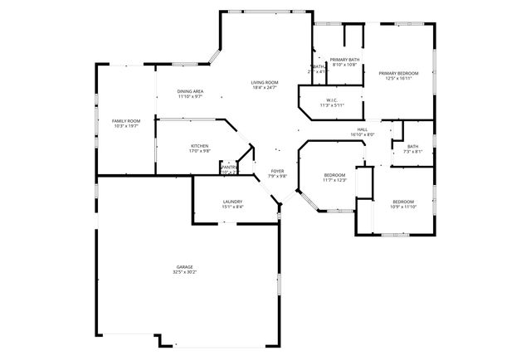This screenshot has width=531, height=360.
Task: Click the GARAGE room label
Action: [x=184, y=266]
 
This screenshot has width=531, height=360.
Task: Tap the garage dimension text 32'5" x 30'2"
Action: [x=184, y=272]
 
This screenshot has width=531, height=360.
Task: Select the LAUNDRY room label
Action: [x=232, y=202]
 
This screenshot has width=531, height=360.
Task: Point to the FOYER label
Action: [x=278, y=171]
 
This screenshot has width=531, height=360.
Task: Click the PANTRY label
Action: [x=229, y=167]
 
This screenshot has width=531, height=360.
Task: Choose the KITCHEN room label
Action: [x=199, y=146]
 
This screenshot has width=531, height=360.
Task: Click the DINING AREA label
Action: [x=191, y=91]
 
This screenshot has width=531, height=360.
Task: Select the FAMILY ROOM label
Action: [x=126, y=121]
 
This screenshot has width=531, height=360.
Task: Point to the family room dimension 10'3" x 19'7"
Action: [x=126, y=127]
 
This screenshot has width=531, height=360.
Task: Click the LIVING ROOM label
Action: [x=265, y=82]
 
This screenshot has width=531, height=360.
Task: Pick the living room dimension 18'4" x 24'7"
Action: [x=265, y=88]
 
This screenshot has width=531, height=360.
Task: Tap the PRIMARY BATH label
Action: [x=343, y=60]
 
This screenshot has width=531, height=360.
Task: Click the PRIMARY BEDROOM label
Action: [x=398, y=74]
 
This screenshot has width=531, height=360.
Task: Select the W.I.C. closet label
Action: [x=329, y=100]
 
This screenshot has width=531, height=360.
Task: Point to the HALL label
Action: [x=363, y=129]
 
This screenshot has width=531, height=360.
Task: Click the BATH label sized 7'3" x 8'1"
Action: [x=413, y=147]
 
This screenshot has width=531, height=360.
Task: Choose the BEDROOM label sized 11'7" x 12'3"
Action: [x=334, y=175]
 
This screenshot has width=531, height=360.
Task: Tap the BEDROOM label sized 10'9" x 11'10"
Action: [x=403, y=202]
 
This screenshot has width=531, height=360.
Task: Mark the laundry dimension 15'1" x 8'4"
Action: [x=232, y=207]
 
